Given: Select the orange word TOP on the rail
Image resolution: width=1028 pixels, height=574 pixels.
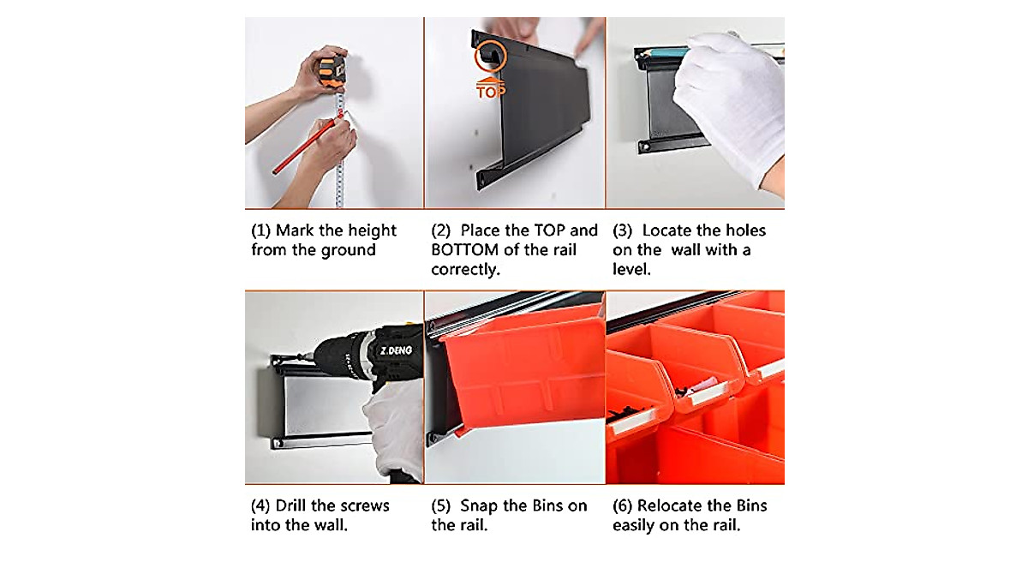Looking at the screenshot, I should pos(491,92).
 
